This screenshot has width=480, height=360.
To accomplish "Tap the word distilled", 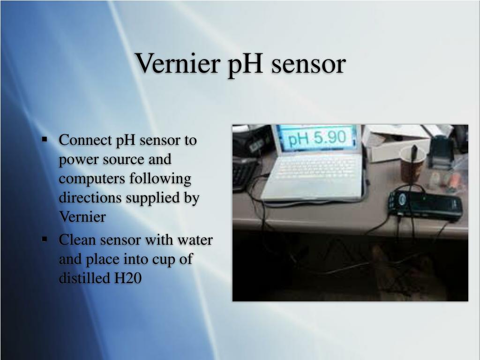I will (84, 278).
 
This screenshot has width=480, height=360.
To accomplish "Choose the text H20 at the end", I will (127, 278).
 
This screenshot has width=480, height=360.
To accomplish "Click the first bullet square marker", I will (45, 139).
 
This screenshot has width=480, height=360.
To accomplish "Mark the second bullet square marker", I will (45, 239).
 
